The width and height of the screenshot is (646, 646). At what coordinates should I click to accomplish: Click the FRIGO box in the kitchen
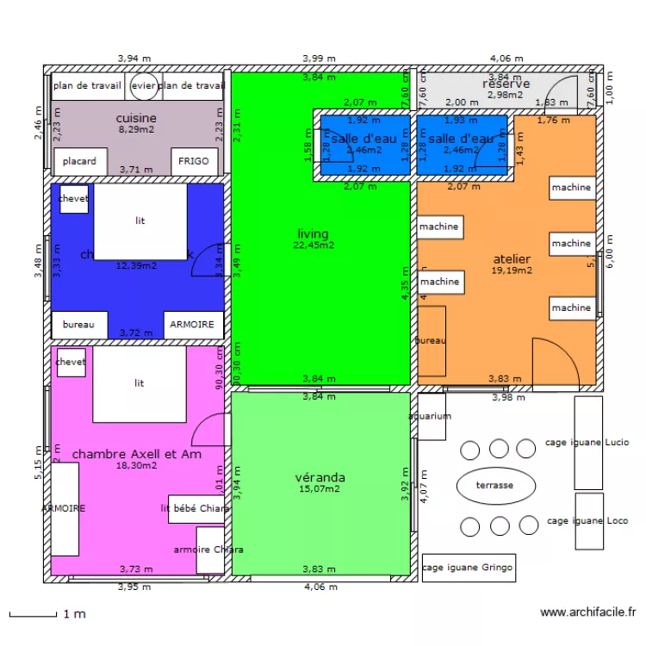coord(192,161)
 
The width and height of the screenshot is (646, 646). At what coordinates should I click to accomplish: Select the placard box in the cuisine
coord(80,161)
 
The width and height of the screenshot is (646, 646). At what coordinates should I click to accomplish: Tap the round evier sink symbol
coord(142,85)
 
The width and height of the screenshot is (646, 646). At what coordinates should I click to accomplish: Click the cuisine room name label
coord(136,118)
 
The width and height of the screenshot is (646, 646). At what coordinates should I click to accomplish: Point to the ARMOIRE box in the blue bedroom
coord(194,325)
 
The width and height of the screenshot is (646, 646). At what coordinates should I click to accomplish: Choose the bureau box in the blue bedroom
coord(79,325)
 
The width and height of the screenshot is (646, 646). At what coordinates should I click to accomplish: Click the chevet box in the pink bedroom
coord(71,363)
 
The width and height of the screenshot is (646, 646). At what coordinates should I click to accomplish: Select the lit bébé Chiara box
coord(196,508)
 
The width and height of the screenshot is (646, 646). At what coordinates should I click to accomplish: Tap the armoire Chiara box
coord(209,550)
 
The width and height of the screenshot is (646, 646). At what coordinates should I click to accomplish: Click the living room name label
coord(313,234)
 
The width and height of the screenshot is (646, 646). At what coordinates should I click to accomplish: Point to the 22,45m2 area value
coord(313,245)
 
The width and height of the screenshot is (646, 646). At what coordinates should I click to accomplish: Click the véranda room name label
coord(320,477)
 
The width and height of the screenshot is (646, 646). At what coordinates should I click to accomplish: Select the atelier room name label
coord(512,259)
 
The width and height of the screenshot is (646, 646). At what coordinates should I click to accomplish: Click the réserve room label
coord(506,84)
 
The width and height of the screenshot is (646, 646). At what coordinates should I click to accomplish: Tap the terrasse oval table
coord(494,486)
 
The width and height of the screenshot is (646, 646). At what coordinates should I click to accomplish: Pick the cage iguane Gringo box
coord(469,568)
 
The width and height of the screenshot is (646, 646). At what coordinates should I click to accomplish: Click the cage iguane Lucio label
coord(587,443)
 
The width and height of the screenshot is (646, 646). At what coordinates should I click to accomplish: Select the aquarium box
coord(431,416)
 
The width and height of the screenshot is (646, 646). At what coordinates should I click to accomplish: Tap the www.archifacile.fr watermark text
coord(588,612)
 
